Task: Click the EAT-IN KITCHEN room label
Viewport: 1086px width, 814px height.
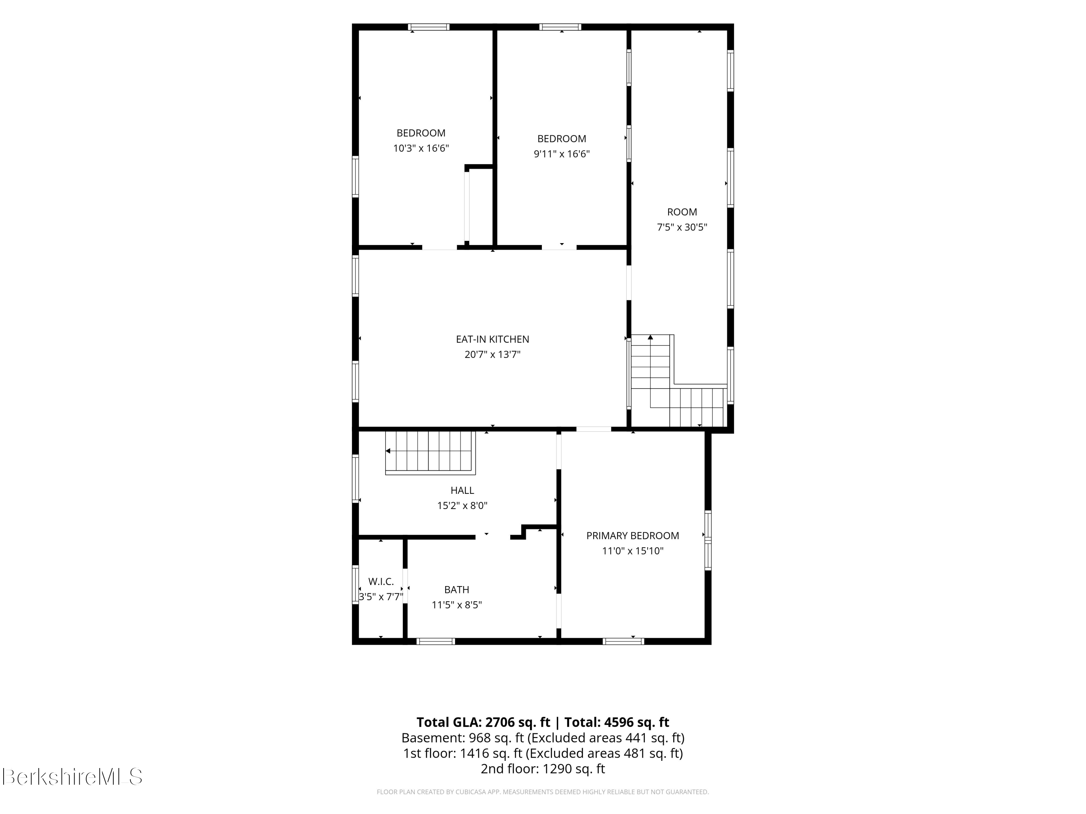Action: pos(492,339)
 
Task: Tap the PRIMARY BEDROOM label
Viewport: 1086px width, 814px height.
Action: pos(632,536)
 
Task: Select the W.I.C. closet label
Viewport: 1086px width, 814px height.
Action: pos(381,581)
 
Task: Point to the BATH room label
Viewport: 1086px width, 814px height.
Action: pos(456,590)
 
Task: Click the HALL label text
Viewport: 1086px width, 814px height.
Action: pos(462,490)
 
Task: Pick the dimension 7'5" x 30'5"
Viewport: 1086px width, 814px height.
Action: pos(682,227)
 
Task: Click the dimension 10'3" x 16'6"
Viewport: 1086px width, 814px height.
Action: pos(421,148)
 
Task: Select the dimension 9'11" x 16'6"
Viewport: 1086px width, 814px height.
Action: pos(562,154)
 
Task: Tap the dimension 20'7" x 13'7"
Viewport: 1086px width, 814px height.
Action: pos(492,354)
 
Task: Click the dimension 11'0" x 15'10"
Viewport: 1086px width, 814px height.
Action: pos(632,551)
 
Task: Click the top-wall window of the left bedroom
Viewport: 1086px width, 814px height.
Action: pos(429,27)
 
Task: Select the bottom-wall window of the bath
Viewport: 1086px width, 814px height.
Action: pos(435,641)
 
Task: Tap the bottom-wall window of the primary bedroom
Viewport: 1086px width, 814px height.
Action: pos(623,641)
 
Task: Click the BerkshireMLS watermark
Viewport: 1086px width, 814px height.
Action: pos(72,777)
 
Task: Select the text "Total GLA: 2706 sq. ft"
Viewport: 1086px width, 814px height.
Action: pos(483,722)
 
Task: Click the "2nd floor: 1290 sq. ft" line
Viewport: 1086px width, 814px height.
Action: pos(543,768)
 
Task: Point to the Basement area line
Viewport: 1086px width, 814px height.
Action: pos(543,738)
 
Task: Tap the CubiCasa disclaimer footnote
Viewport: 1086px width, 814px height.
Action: pos(543,792)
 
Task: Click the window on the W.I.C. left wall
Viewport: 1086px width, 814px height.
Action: pos(355,584)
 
